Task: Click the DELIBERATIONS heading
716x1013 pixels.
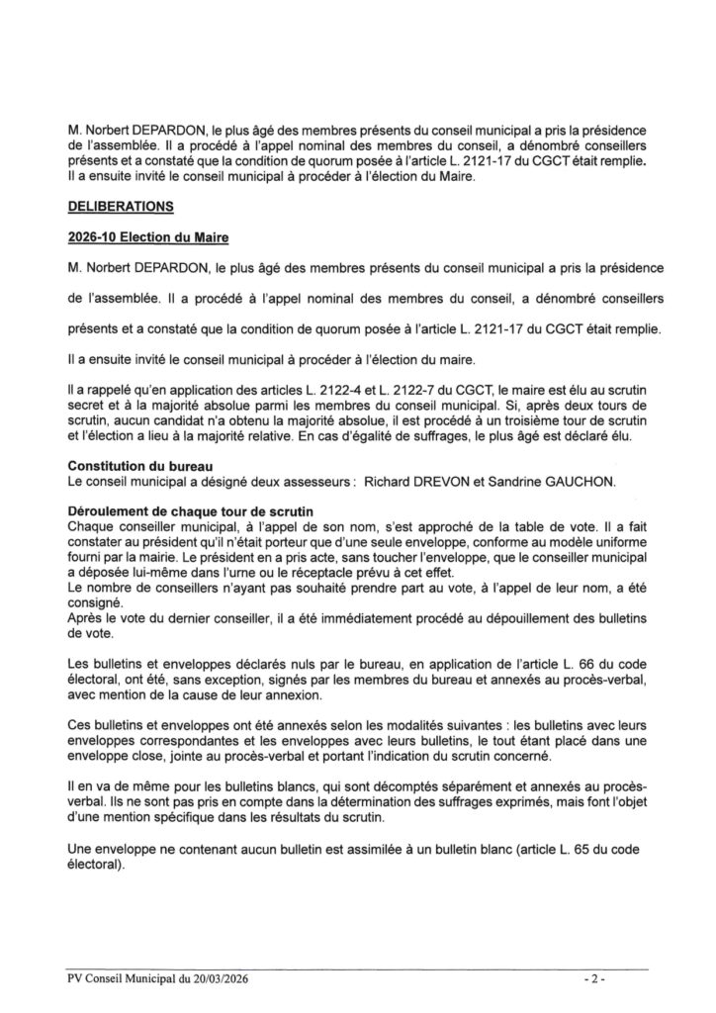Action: pos(119,208)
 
